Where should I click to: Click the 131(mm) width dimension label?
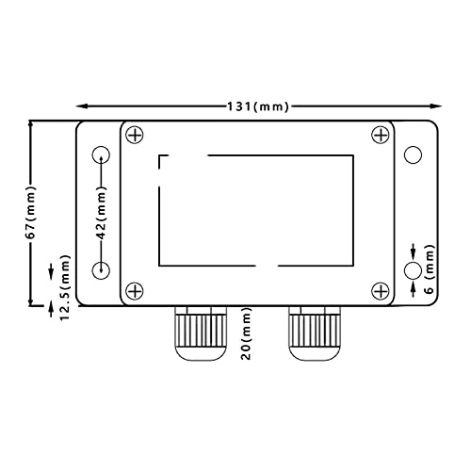(x=255, y=107)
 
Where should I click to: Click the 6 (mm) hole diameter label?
(x=430, y=271)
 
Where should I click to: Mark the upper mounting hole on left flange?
(x=101, y=155)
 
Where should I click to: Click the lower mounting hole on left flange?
(x=101, y=271)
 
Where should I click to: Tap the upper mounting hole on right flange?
(x=412, y=155)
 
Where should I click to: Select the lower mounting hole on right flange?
(x=412, y=271)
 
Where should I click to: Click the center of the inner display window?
(x=256, y=209)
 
